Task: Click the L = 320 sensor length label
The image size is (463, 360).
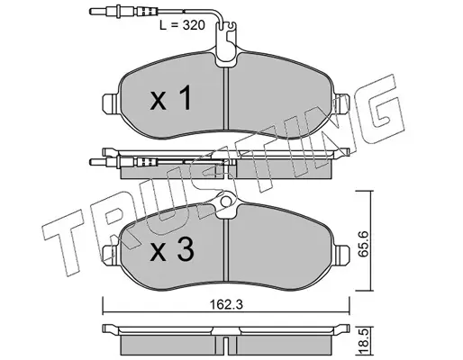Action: coord(182,25)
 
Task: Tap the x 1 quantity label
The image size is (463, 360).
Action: coord(171,98)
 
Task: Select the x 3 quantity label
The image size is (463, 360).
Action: coord(172,250)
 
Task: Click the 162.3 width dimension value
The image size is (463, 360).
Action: coord(226,305)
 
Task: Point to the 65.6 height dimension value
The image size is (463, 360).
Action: coord(364,243)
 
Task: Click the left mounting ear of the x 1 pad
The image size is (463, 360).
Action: coord(110,103)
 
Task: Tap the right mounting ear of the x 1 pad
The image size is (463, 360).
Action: coord(341,103)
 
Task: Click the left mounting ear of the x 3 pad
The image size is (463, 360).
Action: coord(110,255)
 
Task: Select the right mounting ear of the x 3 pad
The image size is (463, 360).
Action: coord(341,255)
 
